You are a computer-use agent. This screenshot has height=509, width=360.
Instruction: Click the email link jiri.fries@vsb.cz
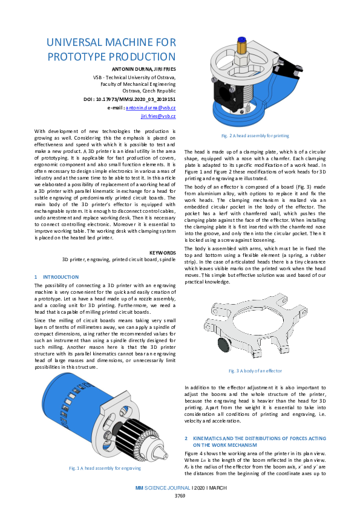158,115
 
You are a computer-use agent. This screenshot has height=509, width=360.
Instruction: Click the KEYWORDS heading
162,252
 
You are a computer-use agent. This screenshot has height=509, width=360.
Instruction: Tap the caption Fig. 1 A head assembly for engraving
105,467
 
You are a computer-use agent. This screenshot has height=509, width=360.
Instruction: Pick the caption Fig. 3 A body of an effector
255,370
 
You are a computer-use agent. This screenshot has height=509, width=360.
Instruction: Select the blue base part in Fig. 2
242,112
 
